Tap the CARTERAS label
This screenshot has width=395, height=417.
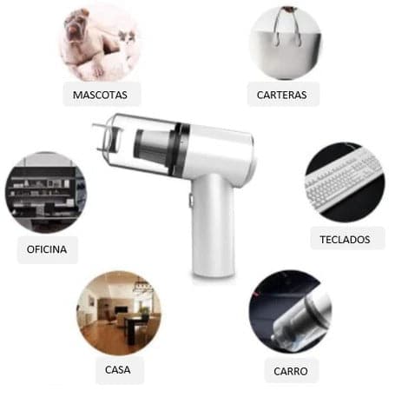click(x=282, y=94)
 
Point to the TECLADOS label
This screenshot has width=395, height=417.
click(x=345, y=239)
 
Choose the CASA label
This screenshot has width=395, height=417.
click(x=119, y=370)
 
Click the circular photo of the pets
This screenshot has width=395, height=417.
click(x=100, y=43)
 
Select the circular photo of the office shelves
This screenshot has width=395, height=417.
click(x=45, y=193)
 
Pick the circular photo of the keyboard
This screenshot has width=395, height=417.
click(x=345, y=182)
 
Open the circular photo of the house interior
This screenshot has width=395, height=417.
click(x=119, y=313)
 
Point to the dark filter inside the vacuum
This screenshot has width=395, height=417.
click(x=152, y=148)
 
